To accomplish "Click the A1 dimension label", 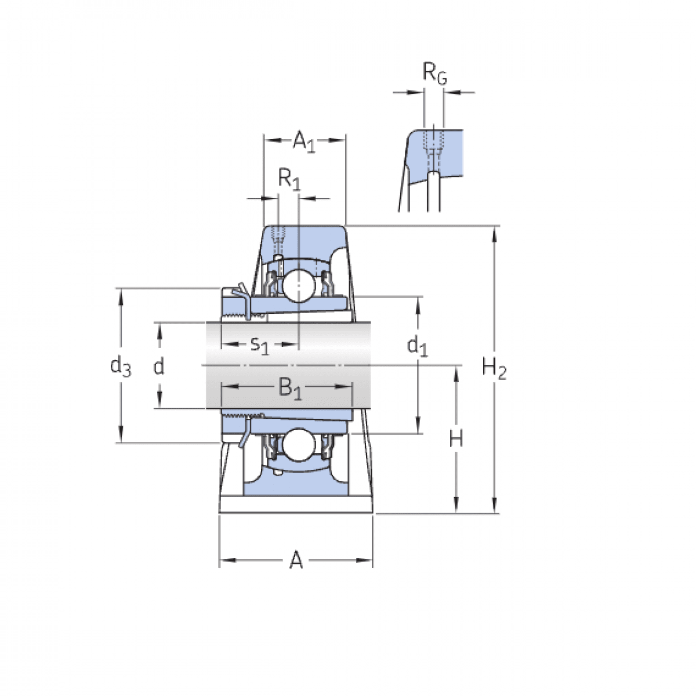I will coord(303,141).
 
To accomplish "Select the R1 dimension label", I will coord(289,179).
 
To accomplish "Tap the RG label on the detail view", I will coord(434,74).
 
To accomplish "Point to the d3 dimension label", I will coord(121,367).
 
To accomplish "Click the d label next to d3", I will coord(158,367).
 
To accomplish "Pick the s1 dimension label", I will coord(260,345).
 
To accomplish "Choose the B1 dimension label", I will coord(290,387).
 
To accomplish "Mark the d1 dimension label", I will coord(417,346).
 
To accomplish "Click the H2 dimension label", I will coord(494,368).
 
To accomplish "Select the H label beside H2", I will coord(456,439).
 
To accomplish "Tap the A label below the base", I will coord(296,560).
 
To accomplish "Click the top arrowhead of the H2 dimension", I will coord(494,233).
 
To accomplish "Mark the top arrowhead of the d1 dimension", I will coord(418,304).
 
